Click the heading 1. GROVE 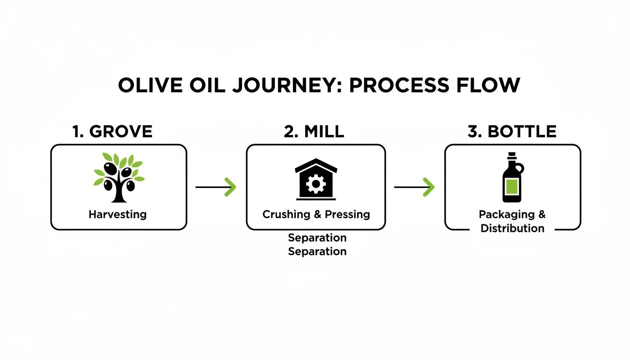tap(112, 132)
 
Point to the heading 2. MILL tap(314, 132)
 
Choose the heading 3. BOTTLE tap(512, 132)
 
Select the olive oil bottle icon tap(512, 177)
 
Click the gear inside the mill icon tap(315, 184)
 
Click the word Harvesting tap(118, 215)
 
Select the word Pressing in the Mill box tap(348, 215)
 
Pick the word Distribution tap(512, 229)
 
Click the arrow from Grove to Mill tap(216, 187)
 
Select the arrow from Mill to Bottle tap(414, 187)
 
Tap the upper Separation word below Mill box tap(317, 238)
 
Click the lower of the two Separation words tap(317, 251)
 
